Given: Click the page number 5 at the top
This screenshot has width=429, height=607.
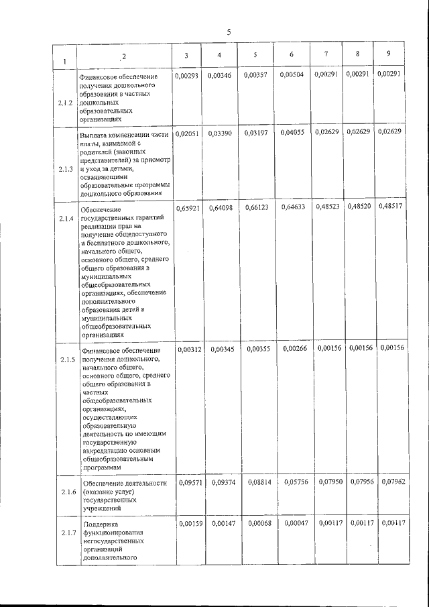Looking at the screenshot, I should point(228,32).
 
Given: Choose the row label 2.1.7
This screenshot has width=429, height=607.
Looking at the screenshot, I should point(66,533).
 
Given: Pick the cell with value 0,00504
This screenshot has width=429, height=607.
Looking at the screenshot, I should point(292,74).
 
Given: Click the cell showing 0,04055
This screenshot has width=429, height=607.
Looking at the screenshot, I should point(292,132).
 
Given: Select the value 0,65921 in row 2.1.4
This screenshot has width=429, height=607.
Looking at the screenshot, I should point(188,208).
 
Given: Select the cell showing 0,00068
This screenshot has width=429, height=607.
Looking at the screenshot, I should point(258,522).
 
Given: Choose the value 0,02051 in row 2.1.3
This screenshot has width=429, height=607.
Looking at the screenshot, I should point(188,133).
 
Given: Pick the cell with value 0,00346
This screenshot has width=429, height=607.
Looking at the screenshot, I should point(221,75).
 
